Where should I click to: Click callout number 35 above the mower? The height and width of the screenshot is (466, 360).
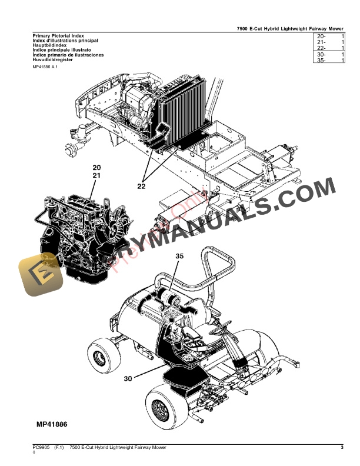click(179, 257)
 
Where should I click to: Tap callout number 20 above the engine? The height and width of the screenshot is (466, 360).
click(97, 168)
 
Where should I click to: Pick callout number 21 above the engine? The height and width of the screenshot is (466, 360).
click(97, 175)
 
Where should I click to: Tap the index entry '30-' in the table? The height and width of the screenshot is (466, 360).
click(321, 55)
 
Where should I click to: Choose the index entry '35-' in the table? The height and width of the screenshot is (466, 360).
click(321, 61)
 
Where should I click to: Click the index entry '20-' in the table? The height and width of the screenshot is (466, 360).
click(321, 36)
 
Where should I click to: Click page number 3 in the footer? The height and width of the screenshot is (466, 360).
click(342, 448)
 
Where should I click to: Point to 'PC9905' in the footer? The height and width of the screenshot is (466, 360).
click(41, 448)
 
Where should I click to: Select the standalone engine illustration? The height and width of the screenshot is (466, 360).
click(79, 232)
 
